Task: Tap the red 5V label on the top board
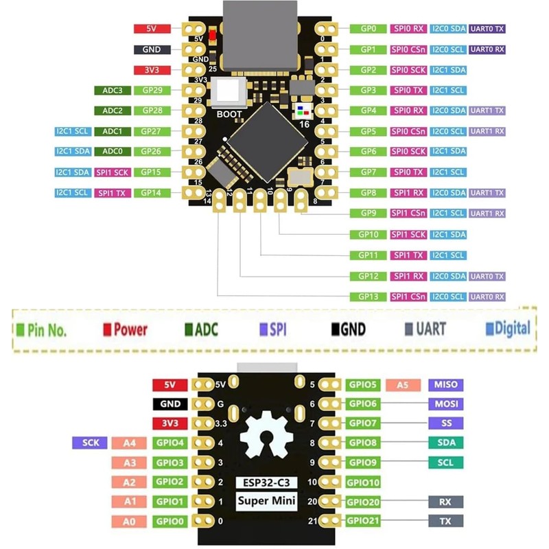click(152, 30)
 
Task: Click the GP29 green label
click(152, 91)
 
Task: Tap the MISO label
click(444, 384)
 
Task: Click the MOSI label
click(444, 404)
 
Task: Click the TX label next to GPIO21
click(444, 522)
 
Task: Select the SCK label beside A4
click(90, 443)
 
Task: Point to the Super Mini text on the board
click(267, 500)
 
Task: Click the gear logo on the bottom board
click(266, 440)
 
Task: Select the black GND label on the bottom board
click(168, 404)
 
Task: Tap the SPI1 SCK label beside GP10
click(408, 235)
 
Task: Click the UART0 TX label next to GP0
click(488, 30)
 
